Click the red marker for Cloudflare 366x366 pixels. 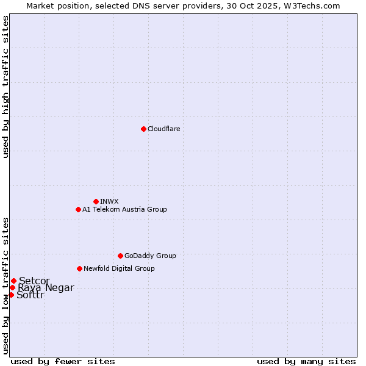pyautogui.click(x=143, y=129)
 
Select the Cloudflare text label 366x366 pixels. pyautogui.click(x=163, y=129)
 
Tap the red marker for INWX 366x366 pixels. pyautogui.click(x=96, y=201)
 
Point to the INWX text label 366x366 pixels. pyautogui.click(x=109, y=201)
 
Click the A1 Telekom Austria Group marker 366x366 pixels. pyautogui.click(x=78, y=209)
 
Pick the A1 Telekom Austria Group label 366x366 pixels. pyautogui.click(x=124, y=209)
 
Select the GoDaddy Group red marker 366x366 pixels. pyautogui.click(x=120, y=256)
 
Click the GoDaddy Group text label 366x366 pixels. pyautogui.click(x=150, y=256)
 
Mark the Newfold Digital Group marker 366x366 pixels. pyautogui.click(x=79, y=268)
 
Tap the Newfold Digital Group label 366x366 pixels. pyautogui.click(x=119, y=268)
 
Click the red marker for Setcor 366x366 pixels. pyautogui.click(x=13, y=281)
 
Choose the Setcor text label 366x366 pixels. pyautogui.click(x=34, y=281)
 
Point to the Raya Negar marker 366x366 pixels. pyautogui.click(x=12, y=287)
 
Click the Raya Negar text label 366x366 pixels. pyautogui.click(x=46, y=288)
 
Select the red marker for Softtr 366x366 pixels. pyautogui.click(x=11, y=295)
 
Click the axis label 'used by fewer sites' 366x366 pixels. pyautogui.click(x=63, y=361)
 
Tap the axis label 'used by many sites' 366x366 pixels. pyautogui.click(x=306, y=361)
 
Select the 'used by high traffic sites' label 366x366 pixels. pyautogui.click(x=5, y=87)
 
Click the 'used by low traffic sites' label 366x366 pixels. pyautogui.click(x=5, y=285)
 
